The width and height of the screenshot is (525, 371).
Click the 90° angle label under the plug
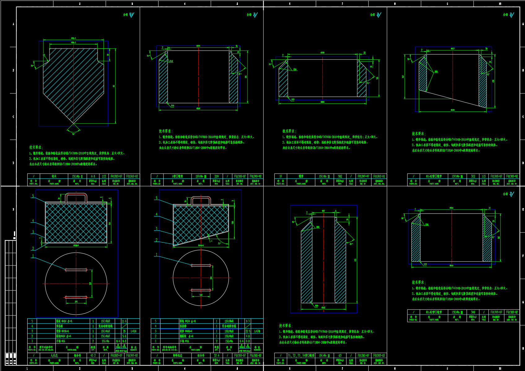coord(74,134)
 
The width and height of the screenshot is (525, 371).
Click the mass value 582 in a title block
coord(340,176)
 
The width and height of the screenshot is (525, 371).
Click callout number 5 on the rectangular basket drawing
coord(33,196)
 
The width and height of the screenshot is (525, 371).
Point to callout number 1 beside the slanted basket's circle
coord(156,255)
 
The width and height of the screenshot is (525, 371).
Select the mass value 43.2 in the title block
coord(93,356)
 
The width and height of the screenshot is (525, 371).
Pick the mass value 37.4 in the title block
coord(217,356)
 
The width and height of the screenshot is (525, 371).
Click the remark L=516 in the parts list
coord(133,331)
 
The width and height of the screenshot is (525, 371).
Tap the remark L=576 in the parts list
coord(257,331)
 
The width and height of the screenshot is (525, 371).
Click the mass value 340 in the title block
coord(473,312)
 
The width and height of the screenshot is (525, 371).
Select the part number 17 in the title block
coord(281,176)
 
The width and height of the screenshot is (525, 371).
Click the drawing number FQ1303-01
coord(379,176)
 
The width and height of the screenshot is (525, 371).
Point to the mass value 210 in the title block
coord(217,176)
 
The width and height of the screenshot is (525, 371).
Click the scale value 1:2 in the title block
coord(104,176)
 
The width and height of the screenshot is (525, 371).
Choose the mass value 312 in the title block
coord(473,176)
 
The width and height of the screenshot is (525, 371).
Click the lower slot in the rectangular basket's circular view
coord(76,297)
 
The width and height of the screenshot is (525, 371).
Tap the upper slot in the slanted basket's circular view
coord(201,265)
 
